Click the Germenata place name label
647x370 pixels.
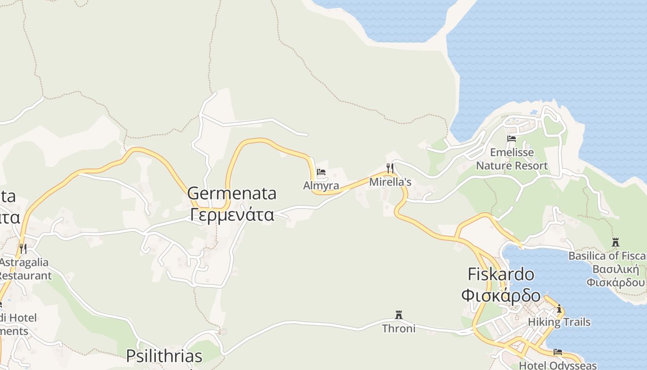[x=232, y=193]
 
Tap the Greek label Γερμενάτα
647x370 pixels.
[x=232, y=215]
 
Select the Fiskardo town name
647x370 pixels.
[x=501, y=274]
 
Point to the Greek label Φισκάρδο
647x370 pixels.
[x=501, y=295]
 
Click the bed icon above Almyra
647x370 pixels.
[x=321, y=173]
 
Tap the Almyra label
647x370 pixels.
[x=321, y=186]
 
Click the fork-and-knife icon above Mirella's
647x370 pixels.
[x=390, y=167]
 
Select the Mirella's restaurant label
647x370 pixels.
[x=390, y=182]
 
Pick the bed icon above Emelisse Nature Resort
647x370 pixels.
[x=511, y=138]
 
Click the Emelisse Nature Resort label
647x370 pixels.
[x=512, y=159]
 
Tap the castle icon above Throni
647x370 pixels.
[x=398, y=315]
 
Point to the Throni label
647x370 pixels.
[x=398, y=328]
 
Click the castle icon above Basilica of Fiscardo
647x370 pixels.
[x=615, y=242]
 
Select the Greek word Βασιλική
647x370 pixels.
[x=616, y=269]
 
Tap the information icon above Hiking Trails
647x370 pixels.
[x=559, y=309]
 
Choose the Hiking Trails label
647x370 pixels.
[x=559, y=322]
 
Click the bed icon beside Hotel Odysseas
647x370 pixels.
[x=558, y=352]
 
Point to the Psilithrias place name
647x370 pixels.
[x=164, y=356]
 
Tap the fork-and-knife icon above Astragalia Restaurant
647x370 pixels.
[x=23, y=249]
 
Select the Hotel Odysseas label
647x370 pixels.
[x=558, y=365]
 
